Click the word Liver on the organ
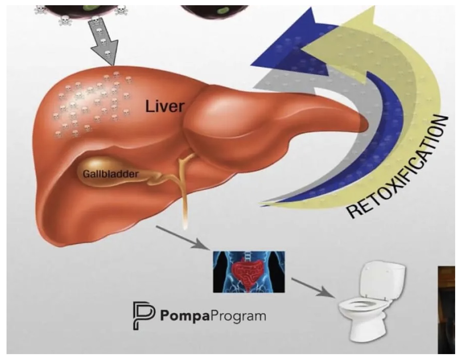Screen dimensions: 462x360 [x=165, y=106]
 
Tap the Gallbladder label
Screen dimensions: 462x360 [x=110, y=174]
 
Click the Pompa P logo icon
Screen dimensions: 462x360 [x=144, y=316]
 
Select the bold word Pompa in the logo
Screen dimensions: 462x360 [x=185, y=316]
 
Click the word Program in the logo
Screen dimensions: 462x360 [x=238, y=316]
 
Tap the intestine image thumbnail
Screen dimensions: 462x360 [x=249, y=272]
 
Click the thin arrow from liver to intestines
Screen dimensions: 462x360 [x=183, y=237]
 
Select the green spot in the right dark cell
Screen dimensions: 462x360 [x=223, y=10]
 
